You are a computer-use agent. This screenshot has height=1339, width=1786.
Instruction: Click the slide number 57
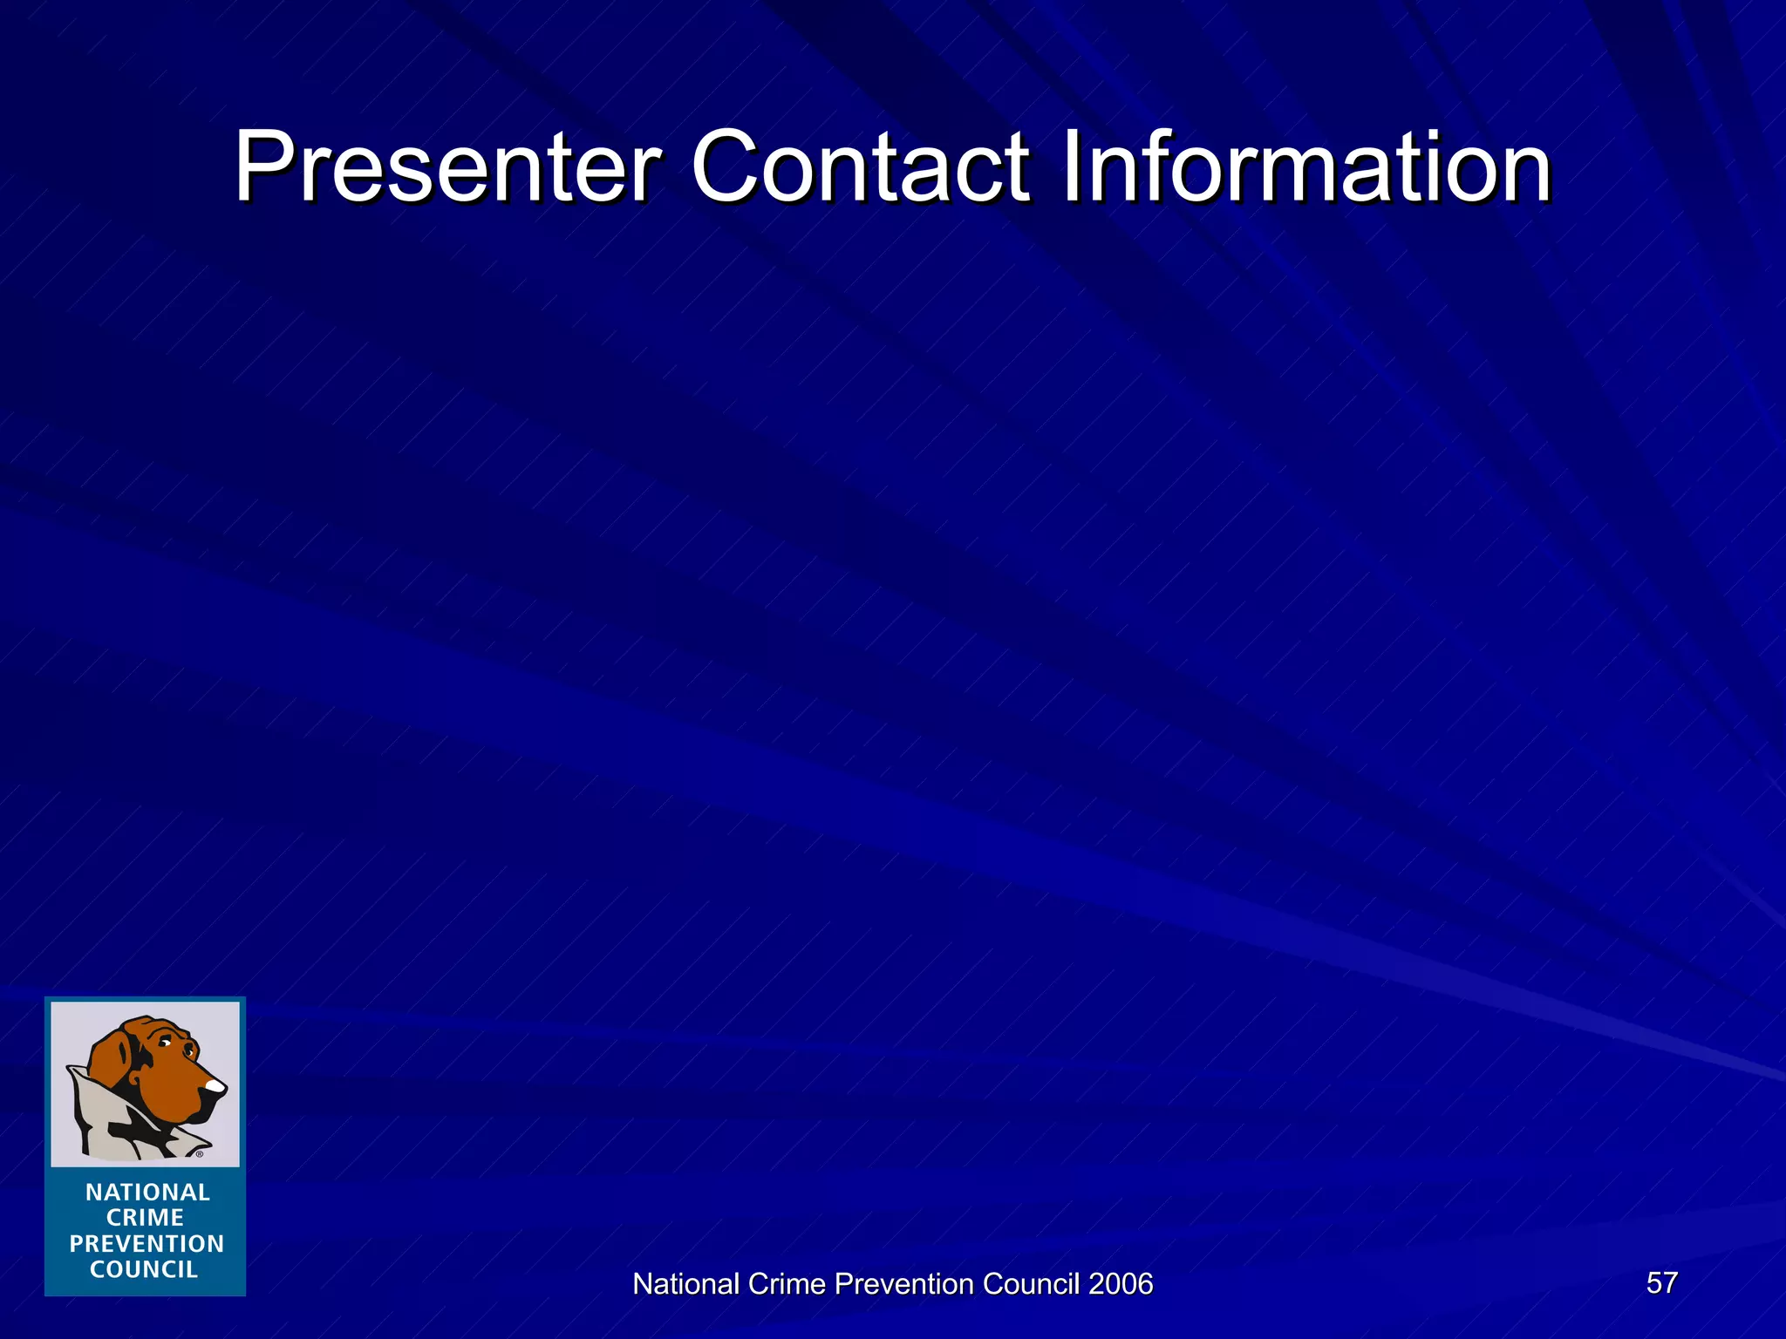[1661, 1282]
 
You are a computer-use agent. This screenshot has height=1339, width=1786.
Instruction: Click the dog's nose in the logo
[214, 1086]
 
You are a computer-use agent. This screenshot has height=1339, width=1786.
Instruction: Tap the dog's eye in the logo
[165, 1043]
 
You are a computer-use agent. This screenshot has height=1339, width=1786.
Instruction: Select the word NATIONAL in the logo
[147, 1193]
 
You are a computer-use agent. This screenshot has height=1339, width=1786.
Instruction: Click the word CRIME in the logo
[145, 1218]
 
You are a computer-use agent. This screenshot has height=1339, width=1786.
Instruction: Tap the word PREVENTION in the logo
[147, 1244]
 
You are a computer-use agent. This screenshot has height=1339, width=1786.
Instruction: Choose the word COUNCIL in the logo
[144, 1270]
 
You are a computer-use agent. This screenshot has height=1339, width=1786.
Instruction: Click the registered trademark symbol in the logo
[200, 1154]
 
